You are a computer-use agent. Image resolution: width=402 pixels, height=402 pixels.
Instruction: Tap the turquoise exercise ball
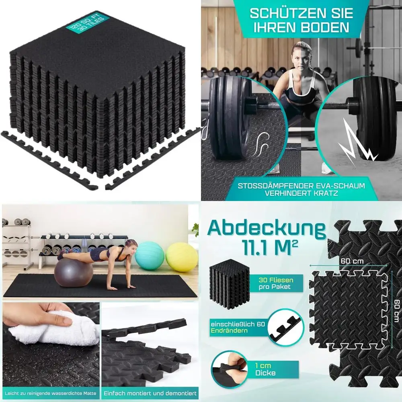pyautogui.click(x=150, y=256)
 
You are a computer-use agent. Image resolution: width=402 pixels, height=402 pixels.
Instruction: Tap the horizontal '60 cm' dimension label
pyautogui.click(x=352, y=261)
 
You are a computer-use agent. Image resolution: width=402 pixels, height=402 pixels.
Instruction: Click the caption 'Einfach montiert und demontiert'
pyautogui.click(x=150, y=393)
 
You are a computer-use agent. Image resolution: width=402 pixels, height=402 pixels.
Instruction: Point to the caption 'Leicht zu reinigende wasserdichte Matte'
pyautogui.click(x=50, y=393)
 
